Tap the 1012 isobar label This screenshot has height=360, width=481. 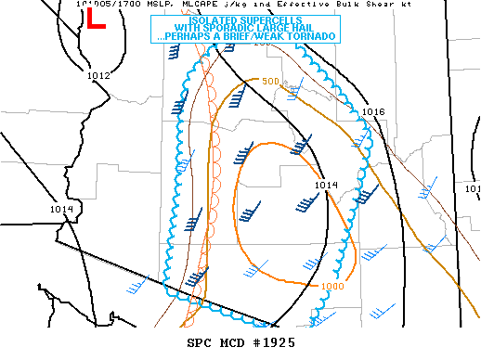coord(99,75)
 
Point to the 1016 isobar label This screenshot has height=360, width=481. coord(373,111)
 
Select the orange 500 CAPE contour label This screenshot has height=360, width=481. coord(269,82)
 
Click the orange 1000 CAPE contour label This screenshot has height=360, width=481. coord(334,286)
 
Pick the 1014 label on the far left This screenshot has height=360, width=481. coord(62,210)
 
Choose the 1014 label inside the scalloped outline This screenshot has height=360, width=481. coord(325,186)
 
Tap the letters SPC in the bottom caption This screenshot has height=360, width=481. coord(201,343)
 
